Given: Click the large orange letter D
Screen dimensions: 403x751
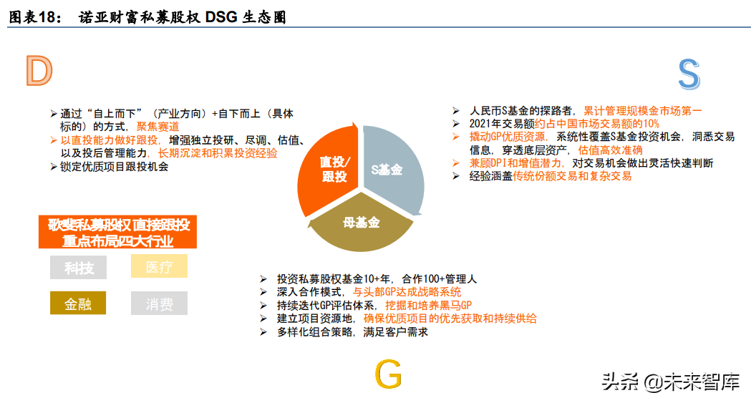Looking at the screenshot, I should tap(39, 71).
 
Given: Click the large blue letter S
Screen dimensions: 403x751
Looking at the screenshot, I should tap(688, 75).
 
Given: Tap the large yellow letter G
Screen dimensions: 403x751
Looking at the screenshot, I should tap(388, 375).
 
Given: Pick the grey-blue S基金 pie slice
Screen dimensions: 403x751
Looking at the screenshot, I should tap(390, 168).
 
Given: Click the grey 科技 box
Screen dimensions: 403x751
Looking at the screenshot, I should tap(78, 267).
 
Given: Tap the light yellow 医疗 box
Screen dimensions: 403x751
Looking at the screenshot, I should tap(159, 267).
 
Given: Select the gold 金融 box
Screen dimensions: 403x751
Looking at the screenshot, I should tap(78, 304).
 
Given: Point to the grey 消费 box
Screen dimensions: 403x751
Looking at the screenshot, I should tap(159, 304).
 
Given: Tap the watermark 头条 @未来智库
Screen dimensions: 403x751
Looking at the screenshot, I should tap(670, 382).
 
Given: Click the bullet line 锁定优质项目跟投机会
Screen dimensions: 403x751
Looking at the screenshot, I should tap(115, 166).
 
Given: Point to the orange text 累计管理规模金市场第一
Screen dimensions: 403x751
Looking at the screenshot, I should tap(643, 111).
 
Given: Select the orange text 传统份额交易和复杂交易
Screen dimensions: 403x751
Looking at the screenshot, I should tap(572, 176).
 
